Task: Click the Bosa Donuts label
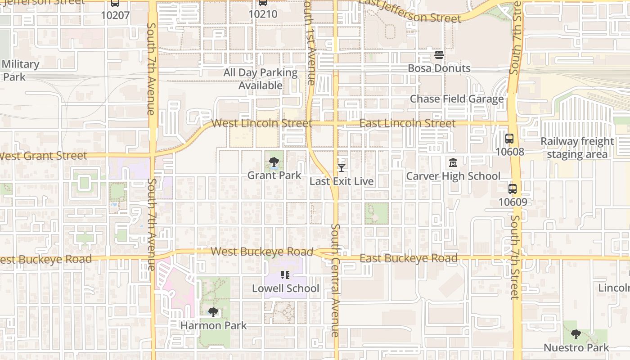pyautogui.click(x=439, y=68)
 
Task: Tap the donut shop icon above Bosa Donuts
pyautogui.click(x=439, y=55)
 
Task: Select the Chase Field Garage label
pyautogui.click(x=457, y=99)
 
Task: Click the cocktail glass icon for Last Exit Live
pyautogui.click(x=342, y=168)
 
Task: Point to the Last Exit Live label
pyautogui.click(x=342, y=181)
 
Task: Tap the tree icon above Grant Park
pyautogui.click(x=274, y=162)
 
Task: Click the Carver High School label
pyautogui.click(x=453, y=176)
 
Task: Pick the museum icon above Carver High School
pyautogui.click(x=453, y=162)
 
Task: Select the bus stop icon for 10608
pyautogui.click(x=509, y=139)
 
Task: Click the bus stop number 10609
pyautogui.click(x=513, y=202)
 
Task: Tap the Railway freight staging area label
pyautogui.click(x=577, y=148)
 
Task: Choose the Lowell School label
pyautogui.click(x=285, y=288)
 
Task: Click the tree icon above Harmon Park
pyautogui.click(x=213, y=312)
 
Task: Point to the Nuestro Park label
pyautogui.click(x=576, y=348)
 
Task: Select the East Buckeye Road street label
pyautogui.click(x=409, y=258)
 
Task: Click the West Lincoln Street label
pyautogui.click(x=261, y=123)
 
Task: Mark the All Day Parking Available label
pyautogui.click(x=261, y=79)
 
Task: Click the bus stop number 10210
pyautogui.click(x=263, y=14)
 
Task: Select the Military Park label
pyautogui.click(x=20, y=70)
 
